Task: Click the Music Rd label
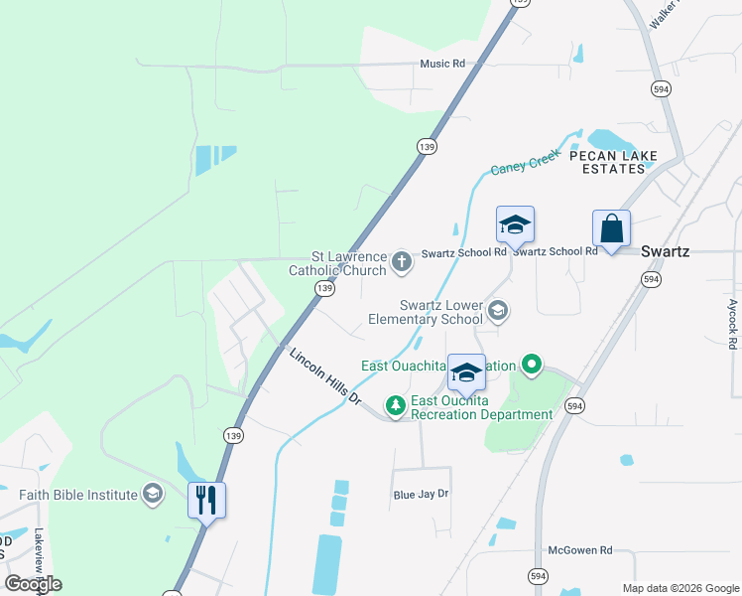tap(442, 65)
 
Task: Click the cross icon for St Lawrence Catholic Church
tap(402, 261)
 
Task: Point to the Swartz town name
tap(665, 251)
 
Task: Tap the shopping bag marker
tap(611, 229)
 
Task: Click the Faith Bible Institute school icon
tap(152, 494)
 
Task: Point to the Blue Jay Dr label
tap(422, 494)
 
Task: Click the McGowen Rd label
tap(581, 549)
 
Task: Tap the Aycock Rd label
tap(733, 324)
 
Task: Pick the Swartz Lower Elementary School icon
tap(498, 312)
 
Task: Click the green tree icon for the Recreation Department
tap(396, 405)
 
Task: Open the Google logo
tap(33, 583)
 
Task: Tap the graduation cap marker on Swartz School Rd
tap(515, 224)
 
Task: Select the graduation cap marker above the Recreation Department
tap(466, 373)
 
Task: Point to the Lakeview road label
tap(40, 556)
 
